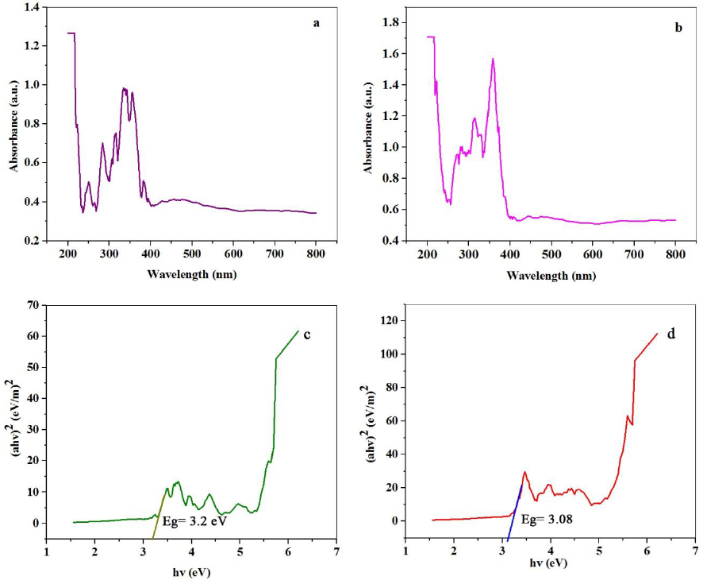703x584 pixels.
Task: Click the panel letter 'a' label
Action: tap(316, 22)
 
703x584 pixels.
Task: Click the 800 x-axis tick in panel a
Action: tap(316, 253)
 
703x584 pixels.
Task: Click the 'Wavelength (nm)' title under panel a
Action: tap(191, 274)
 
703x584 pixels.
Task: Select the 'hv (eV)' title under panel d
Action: tap(550, 563)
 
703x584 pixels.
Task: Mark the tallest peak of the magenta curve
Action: tap(493, 59)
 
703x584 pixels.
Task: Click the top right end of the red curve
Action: tap(658, 334)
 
